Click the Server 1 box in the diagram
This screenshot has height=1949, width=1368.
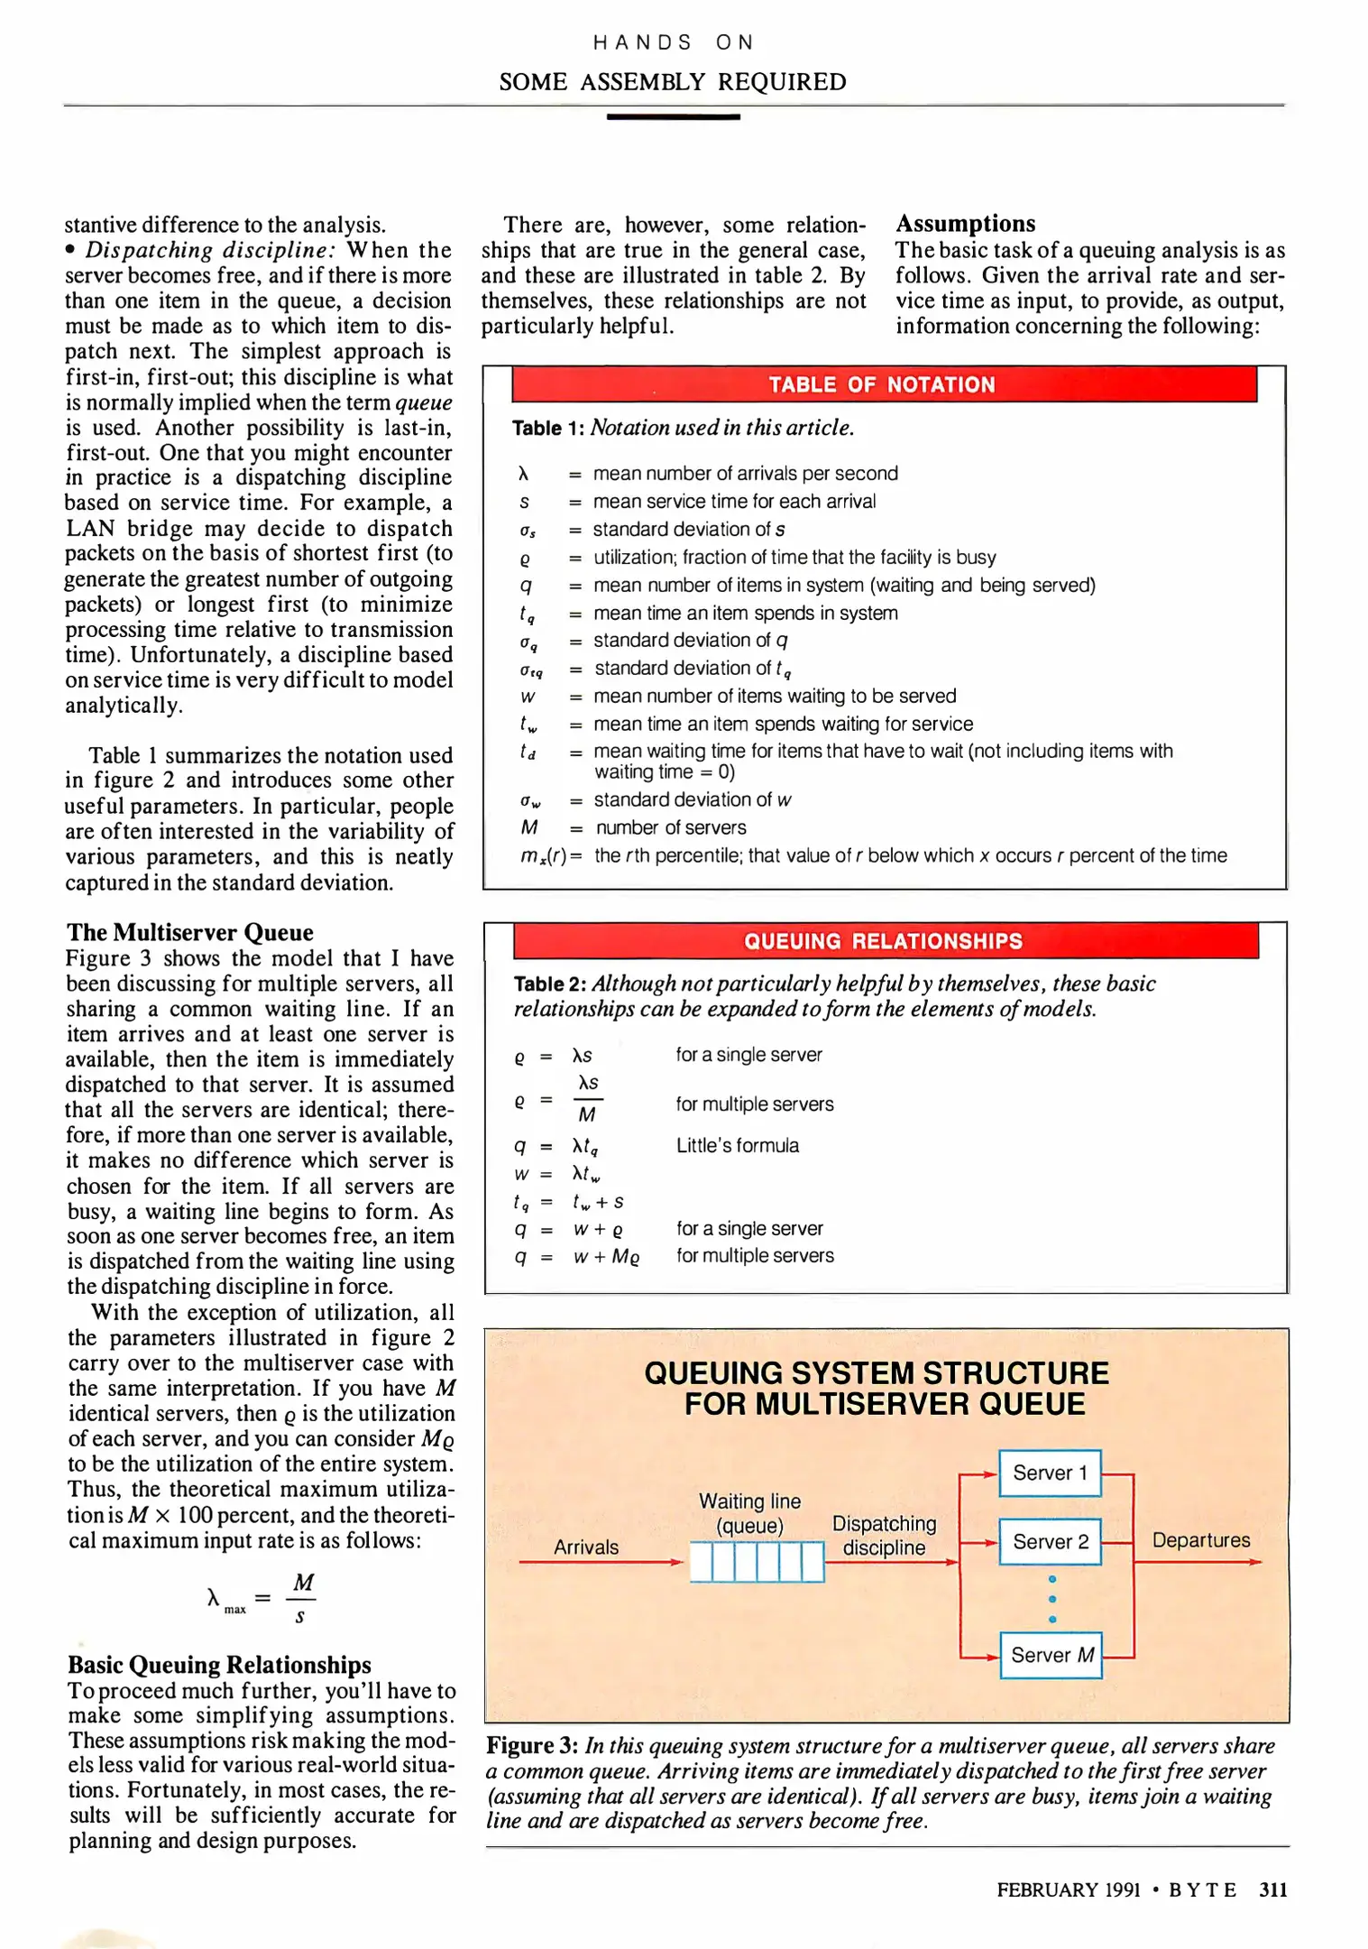(1050, 1473)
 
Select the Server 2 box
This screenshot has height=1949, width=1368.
(1050, 1541)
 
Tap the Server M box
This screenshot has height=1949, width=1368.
(1051, 1655)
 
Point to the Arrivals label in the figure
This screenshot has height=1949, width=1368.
(586, 1547)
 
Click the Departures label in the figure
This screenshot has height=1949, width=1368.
(1201, 1540)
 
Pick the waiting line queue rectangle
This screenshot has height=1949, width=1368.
(757, 1562)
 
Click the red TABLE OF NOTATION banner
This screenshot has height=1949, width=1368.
(884, 384)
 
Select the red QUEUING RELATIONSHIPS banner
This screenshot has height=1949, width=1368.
(885, 941)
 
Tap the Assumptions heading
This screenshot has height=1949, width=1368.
(965, 223)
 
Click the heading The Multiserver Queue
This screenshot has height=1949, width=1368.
(189, 932)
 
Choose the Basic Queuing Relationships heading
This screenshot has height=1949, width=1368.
(219, 1665)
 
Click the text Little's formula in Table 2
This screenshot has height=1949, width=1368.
(737, 1145)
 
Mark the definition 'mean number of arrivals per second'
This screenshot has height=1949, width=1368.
(745, 474)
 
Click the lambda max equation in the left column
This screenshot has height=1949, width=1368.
(262, 1598)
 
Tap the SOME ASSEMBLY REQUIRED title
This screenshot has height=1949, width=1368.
(673, 82)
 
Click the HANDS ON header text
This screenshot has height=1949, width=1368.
(673, 42)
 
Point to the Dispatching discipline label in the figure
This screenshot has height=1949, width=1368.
(884, 1536)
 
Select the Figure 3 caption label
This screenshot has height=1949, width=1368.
(532, 1746)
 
